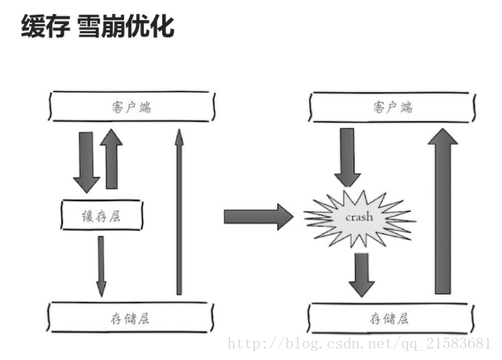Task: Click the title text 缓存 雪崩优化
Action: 97,27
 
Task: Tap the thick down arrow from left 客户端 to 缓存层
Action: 86,161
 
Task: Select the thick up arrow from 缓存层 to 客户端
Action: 112,159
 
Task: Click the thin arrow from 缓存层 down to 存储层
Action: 101,266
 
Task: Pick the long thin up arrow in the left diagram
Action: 179,211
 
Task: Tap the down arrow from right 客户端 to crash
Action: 347,156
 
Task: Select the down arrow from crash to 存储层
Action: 361,273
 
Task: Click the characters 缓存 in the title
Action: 43,27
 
